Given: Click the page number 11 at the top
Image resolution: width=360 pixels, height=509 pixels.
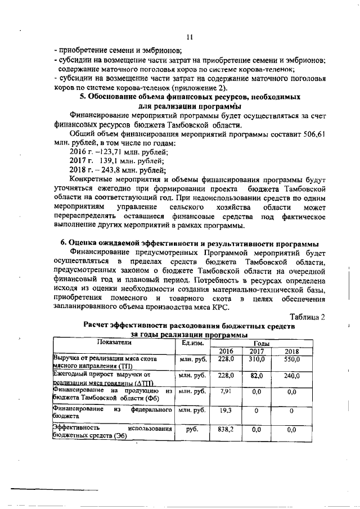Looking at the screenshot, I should click(190, 37).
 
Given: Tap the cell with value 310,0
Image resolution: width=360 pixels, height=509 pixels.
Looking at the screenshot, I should click(257, 359).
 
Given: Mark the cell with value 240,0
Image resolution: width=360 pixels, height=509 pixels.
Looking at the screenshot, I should click(291, 375).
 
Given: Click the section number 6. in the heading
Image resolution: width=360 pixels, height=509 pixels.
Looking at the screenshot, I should click(64, 243).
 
